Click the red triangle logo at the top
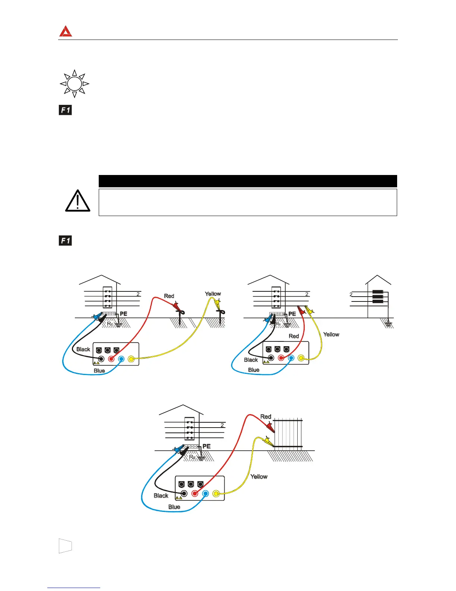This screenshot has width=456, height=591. (x=65, y=31)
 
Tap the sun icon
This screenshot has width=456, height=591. (x=75, y=84)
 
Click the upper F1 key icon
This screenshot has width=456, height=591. (x=65, y=110)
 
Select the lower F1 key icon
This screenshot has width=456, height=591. (x=65, y=241)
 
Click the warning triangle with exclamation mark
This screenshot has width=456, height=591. (x=77, y=201)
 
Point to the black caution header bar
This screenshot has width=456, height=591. (x=248, y=181)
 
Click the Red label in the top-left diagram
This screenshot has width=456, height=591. (x=169, y=296)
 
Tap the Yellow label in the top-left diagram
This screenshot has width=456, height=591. (x=213, y=294)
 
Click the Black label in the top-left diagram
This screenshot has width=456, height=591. (x=83, y=349)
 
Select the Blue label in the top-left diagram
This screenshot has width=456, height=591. (x=99, y=370)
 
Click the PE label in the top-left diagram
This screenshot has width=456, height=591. (x=123, y=314)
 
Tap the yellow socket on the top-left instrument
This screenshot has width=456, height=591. (x=131, y=359)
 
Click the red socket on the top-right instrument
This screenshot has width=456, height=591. (x=281, y=358)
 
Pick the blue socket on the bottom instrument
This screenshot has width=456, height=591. (x=205, y=494)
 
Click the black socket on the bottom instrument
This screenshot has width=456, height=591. (x=184, y=494)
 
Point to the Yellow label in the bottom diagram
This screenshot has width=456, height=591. (x=259, y=476)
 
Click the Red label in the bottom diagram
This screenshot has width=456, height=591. (x=266, y=416)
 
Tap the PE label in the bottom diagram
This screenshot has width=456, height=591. (x=206, y=446)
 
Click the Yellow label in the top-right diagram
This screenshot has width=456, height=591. (x=331, y=334)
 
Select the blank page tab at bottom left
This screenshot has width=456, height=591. (x=65, y=546)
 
